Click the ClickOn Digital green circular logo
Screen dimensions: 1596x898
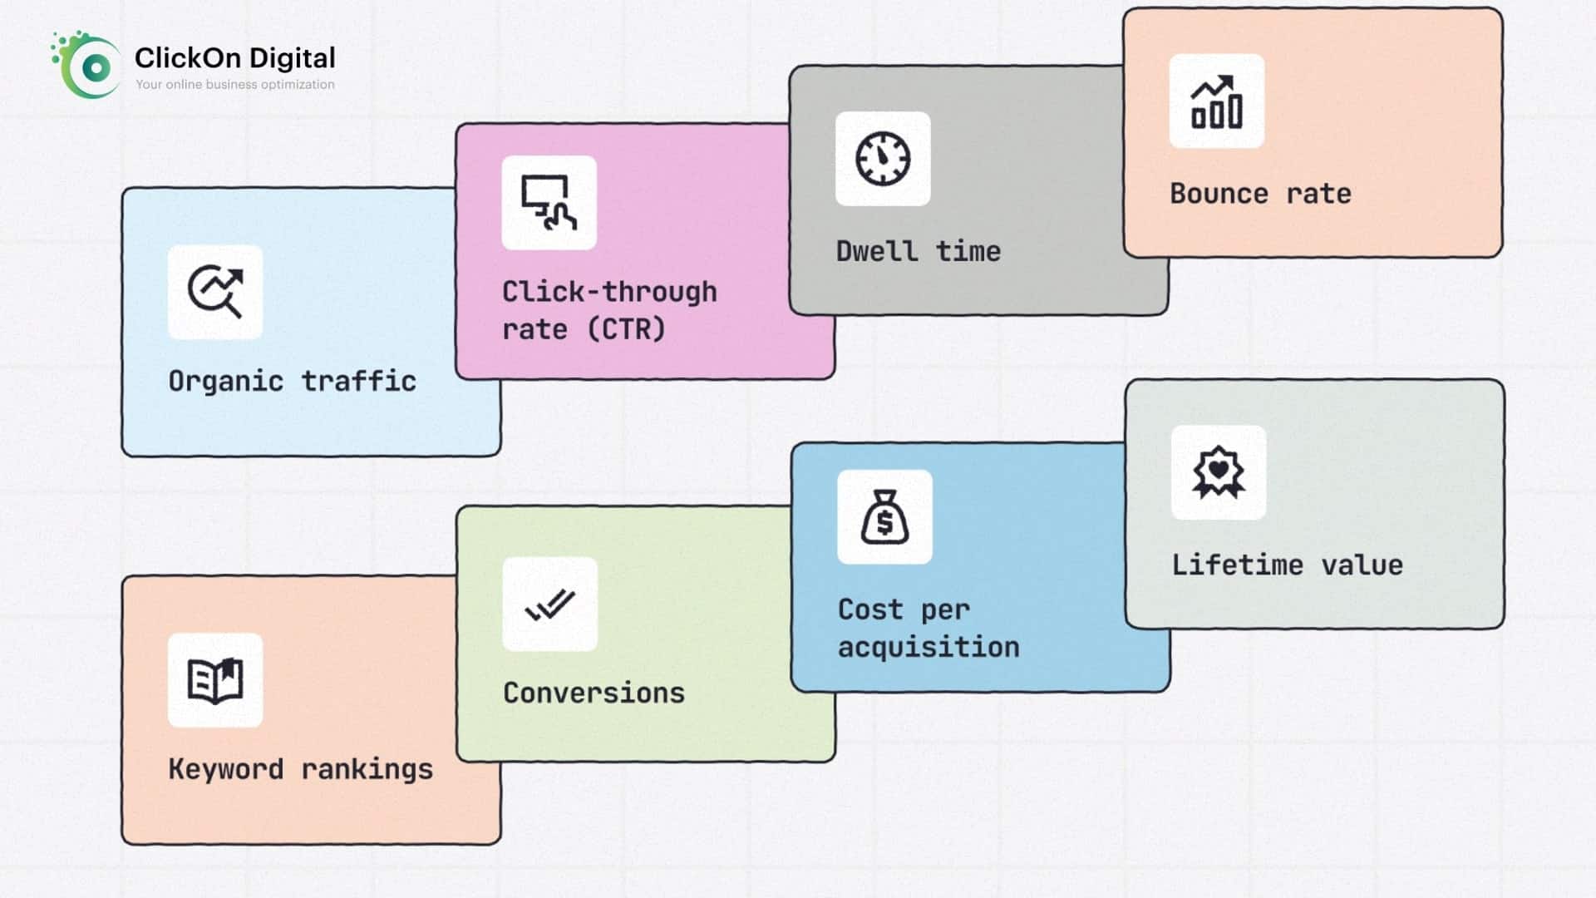[x=86, y=66]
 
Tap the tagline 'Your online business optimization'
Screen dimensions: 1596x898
[x=235, y=84]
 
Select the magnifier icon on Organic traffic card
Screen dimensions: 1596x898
[x=215, y=292]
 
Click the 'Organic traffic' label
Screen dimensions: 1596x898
[x=293, y=381]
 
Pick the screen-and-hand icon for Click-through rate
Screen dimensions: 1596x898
[x=549, y=202]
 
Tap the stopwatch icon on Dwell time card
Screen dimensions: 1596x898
[x=883, y=158]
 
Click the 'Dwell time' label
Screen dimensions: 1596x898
[x=919, y=250]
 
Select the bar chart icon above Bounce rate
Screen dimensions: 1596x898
[x=1217, y=101]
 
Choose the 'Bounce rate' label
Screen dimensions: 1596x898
[x=1261, y=193]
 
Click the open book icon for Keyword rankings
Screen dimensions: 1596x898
[x=215, y=680]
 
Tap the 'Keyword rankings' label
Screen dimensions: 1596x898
[x=301, y=769]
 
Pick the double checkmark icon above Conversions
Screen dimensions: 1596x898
[x=550, y=604]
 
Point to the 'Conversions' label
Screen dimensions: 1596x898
[x=594, y=693]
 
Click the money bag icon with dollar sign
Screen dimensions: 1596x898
[x=884, y=517]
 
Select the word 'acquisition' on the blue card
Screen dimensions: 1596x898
[x=929, y=647]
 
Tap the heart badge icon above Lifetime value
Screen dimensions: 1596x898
[x=1219, y=472]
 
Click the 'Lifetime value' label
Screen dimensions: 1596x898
[x=1288, y=565]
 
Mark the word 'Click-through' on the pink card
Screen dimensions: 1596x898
[x=609, y=291]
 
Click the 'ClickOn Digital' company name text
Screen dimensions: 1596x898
[x=235, y=57]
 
